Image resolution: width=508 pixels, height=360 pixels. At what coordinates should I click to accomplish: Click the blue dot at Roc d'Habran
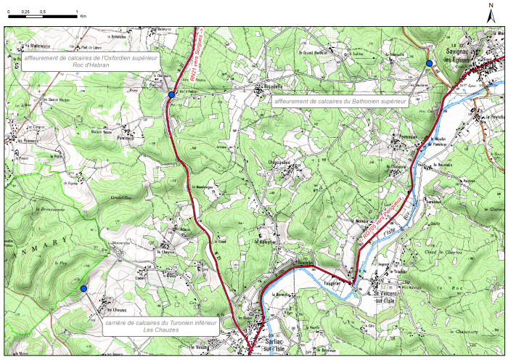coord(171,95)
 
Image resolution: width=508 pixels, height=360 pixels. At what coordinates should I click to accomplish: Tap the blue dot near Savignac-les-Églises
coord(429,64)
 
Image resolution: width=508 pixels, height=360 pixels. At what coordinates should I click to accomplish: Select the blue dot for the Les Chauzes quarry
coord(83,289)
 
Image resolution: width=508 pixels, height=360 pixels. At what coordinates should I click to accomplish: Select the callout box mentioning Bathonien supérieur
coord(340,102)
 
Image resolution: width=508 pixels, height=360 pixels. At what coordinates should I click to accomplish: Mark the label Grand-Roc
coord(120,197)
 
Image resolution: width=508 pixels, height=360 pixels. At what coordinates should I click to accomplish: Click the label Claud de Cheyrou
coord(439,251)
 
